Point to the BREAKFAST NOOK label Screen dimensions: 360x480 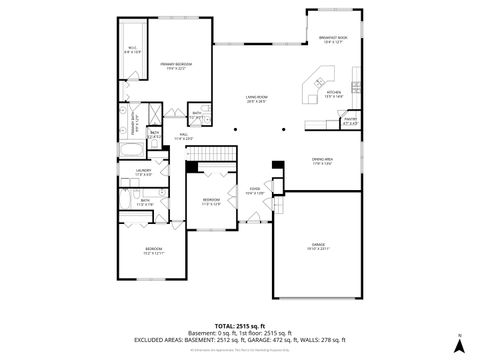click(334, 40)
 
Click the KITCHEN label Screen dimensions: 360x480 click(333, 93)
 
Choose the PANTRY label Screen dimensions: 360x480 click(350, 121)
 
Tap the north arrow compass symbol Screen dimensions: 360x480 click(459, 346)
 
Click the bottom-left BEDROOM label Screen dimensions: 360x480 click(153, 249)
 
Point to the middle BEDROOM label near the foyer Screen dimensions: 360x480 click(211, 200)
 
